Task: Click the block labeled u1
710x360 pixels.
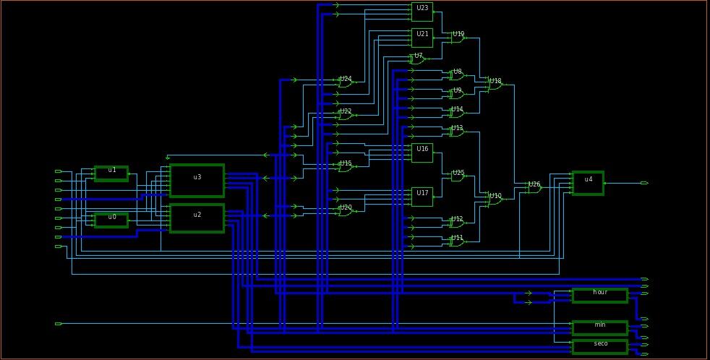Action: pyautogui.click(x=111, y=173)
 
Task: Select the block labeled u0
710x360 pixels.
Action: pyautogui.click(x=111, y=220)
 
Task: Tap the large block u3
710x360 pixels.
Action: pyautogui.click(x=197, y=180)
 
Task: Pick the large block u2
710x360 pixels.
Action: pyautogui.click(x=197, y=218)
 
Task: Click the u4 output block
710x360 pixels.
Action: pyautogui.click(x=587, y=183)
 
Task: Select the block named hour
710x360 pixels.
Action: pyautogui.click(x=599, y=295)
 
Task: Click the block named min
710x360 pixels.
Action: pyautogui.click(x=599, y=327)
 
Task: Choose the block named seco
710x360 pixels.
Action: pyautogui.click(x=599, y=346)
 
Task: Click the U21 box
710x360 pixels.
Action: pyautogui.click(x=422, y=38)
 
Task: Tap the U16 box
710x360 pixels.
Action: pyautogui.click(x=422, y=153)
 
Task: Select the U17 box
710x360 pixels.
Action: pyautogui.click(x=422, y=197)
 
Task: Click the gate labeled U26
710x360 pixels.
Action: pyautogui.click(x=534, y=188)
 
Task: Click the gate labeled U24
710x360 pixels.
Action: pyautogui.click(x=346, y=83)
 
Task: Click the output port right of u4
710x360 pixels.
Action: pyautogui.click(x=644, y=183)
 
